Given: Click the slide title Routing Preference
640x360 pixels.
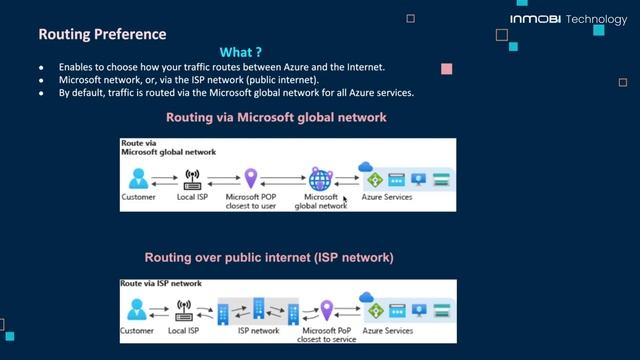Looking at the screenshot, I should (x=102, y=35).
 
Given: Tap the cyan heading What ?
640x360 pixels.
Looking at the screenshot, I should (x=241, y=52).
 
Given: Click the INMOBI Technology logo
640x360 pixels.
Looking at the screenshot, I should (x=568, y=19).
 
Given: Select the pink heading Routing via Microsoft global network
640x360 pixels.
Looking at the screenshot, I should (x=276, y=118).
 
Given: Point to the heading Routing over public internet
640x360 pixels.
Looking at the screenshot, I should (x=269, y=258).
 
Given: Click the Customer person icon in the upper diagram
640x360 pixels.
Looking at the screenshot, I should (x=138, y=179).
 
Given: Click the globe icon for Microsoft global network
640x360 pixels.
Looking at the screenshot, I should (x=320, y=179).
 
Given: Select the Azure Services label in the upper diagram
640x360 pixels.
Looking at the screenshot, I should (x=384, y=198).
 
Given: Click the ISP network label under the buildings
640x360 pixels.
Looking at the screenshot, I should (x=258, y=330).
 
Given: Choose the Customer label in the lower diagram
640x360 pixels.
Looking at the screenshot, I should (x=137, y=330).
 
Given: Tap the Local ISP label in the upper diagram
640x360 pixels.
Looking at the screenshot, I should (x=192, y=198).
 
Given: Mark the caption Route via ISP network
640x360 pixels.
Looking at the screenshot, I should (x=161, y=284).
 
